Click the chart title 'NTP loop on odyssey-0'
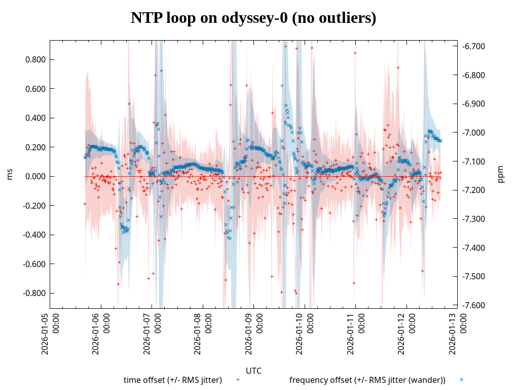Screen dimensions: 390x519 point(253,18)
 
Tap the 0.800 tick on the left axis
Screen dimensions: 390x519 point(36,60)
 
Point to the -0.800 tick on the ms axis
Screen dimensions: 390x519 point(35,294)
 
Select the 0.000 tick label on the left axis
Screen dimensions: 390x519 point(36,177)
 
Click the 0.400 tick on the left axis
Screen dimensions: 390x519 point(36,118)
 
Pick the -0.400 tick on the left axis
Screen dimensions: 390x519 point(35,235)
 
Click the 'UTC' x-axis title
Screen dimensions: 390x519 point(253,371)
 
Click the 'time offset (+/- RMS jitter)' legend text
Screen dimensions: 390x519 point(173,380)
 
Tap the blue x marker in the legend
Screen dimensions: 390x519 point(461,379)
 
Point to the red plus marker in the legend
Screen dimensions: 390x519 point(238,379)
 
